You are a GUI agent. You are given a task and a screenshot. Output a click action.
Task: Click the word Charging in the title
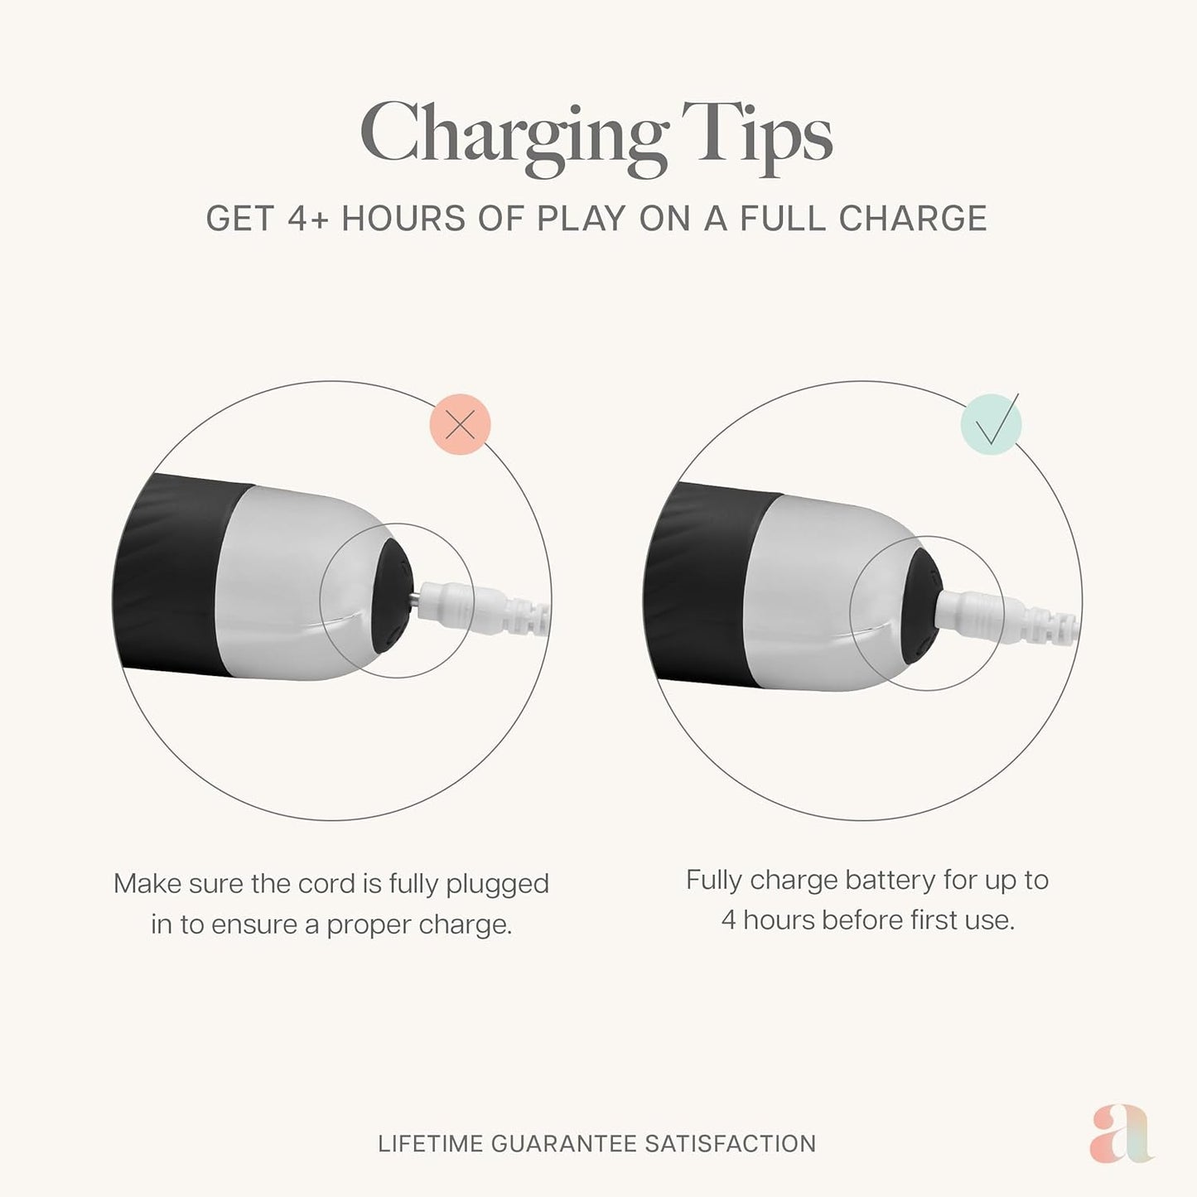tap(514, 138)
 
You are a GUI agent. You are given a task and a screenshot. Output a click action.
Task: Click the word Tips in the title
tap(757, 138)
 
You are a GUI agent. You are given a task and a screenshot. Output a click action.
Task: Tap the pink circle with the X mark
tap(461, 424)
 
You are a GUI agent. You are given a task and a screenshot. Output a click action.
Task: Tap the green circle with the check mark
tap(992, 425)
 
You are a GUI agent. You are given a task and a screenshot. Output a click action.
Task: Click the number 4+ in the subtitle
tap(307, 219)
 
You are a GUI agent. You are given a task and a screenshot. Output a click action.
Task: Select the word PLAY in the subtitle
tap(581, 219)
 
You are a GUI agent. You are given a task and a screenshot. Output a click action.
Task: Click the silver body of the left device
tap(292, 584)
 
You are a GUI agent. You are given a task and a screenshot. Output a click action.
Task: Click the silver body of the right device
tap(826, 593)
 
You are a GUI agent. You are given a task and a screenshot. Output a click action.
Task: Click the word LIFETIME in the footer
tap(430, 1144)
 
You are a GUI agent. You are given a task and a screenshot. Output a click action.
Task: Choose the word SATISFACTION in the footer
tap(731, 1144)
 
